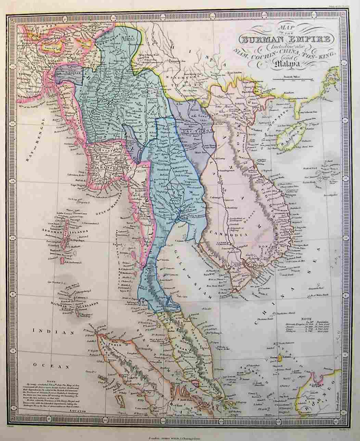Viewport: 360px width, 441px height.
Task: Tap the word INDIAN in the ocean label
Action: pos(53,332)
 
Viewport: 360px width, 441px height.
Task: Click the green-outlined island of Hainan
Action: pos(293,137)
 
